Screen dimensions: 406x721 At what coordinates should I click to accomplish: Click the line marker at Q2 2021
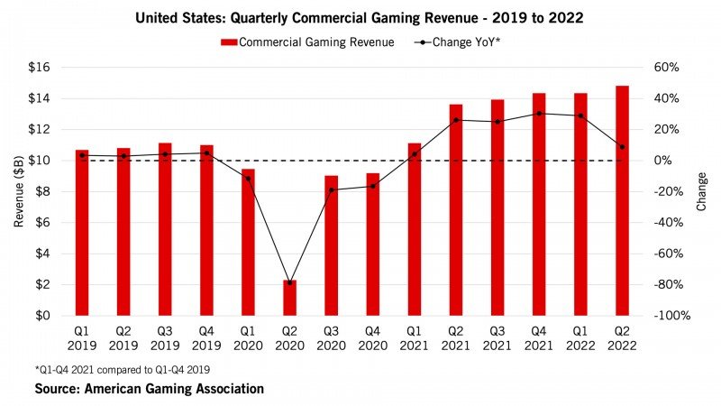click(x=456, y=120)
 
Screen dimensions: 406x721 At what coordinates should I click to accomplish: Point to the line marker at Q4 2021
click(x=539, y=114)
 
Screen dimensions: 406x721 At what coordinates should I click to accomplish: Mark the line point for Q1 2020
click(x=248, y=179)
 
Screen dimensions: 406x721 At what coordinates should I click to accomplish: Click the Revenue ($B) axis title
click(x=19, y=191)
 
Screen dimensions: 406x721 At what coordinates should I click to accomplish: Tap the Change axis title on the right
click(x=702, y=191)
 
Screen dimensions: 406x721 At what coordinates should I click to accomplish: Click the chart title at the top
click(x=360, y=17)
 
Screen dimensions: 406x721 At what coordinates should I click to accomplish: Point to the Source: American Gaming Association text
click(x=150, y=389)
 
